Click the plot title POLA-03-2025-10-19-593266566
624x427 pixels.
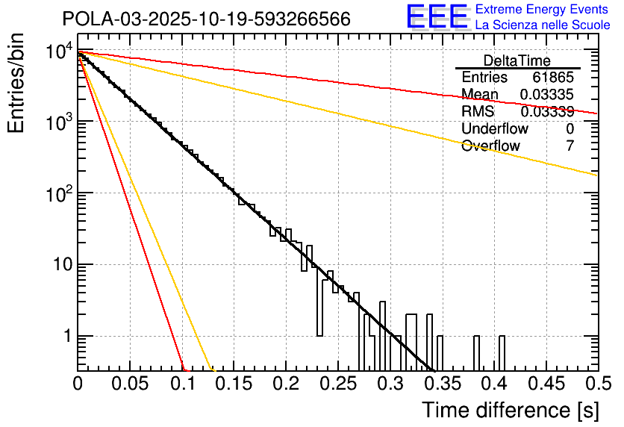[206, 19]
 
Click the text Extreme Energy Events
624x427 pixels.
[543, 10]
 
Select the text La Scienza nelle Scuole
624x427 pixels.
[543, 25]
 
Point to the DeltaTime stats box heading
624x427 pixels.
[517, 60]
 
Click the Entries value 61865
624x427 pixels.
[553, 78]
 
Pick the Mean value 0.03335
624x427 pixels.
[547, 94]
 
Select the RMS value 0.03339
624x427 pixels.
[547, 111]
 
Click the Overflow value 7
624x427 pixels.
[570, 146]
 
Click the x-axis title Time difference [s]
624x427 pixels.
[510, 410]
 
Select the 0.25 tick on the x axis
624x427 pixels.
[337, 384]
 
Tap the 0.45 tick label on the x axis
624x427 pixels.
[546, 384]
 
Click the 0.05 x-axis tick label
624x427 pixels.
[129, 384]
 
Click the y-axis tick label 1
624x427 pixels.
[66, 336]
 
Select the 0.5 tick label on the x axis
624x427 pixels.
[597, 384]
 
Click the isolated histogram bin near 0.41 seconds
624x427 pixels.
[502, 352]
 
